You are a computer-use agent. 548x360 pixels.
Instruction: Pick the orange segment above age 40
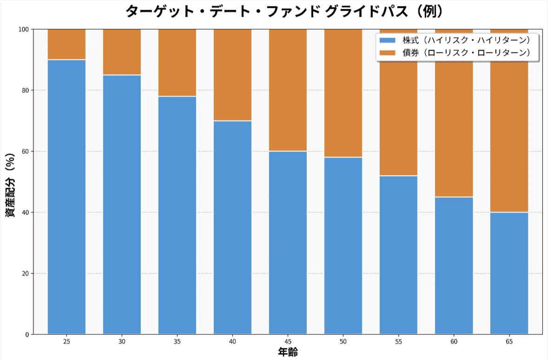pyautogui.click(x=232, y=75)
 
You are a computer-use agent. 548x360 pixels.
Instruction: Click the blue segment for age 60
pyautogui.click(x=454, y=265)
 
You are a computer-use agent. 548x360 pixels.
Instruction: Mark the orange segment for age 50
pyautogui.click(x=343, y=93)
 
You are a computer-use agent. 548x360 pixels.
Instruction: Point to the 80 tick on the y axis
pyautogui.click(x=25, y=90)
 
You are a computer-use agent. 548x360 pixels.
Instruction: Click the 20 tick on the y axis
pyautogui.click(x=25, y=274)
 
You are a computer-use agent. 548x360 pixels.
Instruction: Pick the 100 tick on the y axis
pyautogui.click(x=24, y=29)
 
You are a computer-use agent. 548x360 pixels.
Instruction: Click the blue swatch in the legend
pyautogui.click(x=388, y=40)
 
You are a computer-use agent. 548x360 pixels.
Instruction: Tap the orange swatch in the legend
pyautogui.click(x=388, y=52)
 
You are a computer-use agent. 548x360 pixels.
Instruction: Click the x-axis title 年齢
pyautogui.click(x=288, y=352)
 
